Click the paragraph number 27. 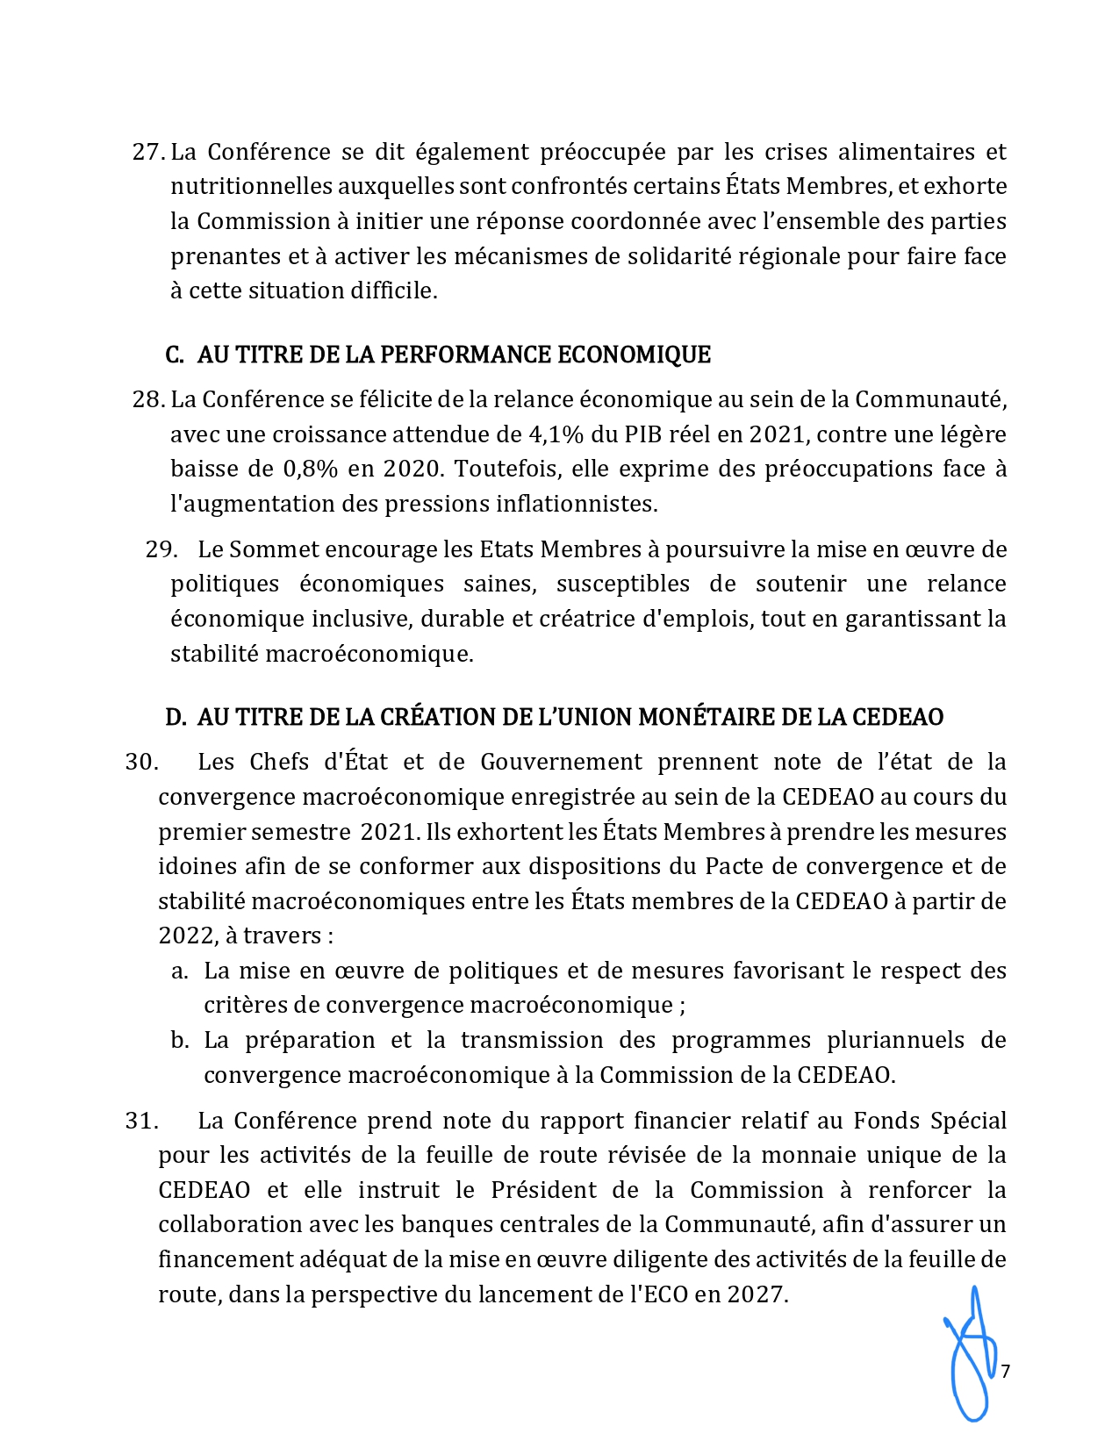[147, 153]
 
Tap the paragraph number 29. [161, 550]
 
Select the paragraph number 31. [140, 1122]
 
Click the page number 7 [1006, 1372]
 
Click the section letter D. [175, 718]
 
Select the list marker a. [179, 971]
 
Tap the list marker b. [179, 1041]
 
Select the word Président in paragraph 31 [542, 1191]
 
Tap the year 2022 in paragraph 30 [187, 936]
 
